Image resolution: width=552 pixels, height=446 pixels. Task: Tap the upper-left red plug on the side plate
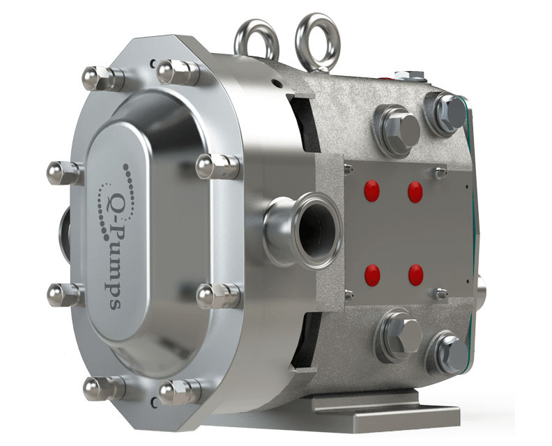pyautogui.click(x=372, y=191)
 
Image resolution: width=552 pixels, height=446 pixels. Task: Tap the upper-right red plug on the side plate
pyautogui.click(x=415, y=192)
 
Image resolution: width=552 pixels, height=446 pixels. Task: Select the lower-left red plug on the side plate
pyautogui.click(x=372, y=275)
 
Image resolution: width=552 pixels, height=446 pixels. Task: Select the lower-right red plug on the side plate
pyautogui.click(x=416, y=275)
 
